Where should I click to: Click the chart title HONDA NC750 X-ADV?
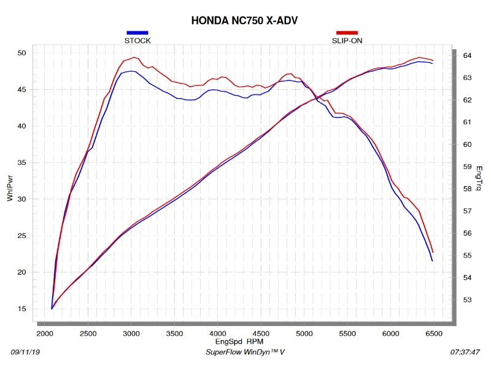245,20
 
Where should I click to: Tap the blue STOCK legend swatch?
137,33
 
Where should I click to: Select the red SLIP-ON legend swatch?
347,33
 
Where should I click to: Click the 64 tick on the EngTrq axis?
467,56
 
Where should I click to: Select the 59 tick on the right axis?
467,167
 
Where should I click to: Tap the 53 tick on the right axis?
467,300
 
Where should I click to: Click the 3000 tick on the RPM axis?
131,333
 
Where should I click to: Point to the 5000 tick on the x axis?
304,333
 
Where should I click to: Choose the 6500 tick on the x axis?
433,333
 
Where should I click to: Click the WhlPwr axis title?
10,188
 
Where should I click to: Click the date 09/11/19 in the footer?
26,352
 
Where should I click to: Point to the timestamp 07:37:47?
465,352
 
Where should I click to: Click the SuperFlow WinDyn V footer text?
244,352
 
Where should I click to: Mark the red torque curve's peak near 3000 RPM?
134,57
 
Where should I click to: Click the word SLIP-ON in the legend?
347,41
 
